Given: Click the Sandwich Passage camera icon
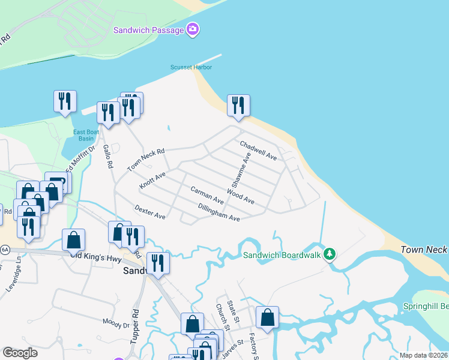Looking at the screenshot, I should (192, 29).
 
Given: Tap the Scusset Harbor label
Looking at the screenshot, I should (191, 67).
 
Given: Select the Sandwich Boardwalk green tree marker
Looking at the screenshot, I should (329, 254).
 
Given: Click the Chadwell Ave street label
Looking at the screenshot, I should (258, 150).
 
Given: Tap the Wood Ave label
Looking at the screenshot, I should (240, 196).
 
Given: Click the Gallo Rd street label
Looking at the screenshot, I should (108, 157).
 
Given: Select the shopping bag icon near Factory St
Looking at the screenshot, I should (268, 317).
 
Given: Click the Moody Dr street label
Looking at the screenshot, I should (116, 323).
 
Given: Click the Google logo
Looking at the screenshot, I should (20, 353).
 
